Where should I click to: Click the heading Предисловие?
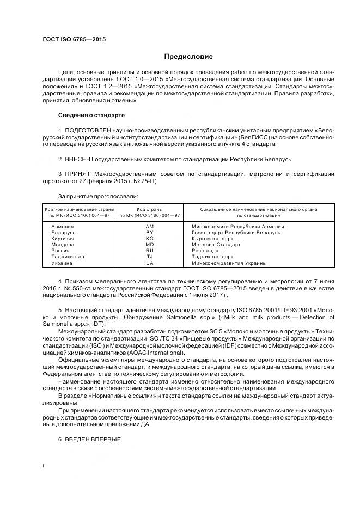tap(189, 57)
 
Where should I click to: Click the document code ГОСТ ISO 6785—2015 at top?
tap(74, 40)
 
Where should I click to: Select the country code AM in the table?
tap(150, 226)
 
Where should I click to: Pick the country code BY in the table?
tap(150, 232)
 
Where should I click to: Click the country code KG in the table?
tap(150, 238)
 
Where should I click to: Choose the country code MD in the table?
tap(150, 245)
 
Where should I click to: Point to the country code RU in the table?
tap(150, 251)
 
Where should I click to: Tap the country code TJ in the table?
tap(150, 257)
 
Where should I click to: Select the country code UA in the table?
tap(150, 263)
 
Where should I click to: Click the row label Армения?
tap(62, 226)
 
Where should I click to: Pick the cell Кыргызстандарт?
tap(213, 238)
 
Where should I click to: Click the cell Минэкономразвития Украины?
tap(229, 263)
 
